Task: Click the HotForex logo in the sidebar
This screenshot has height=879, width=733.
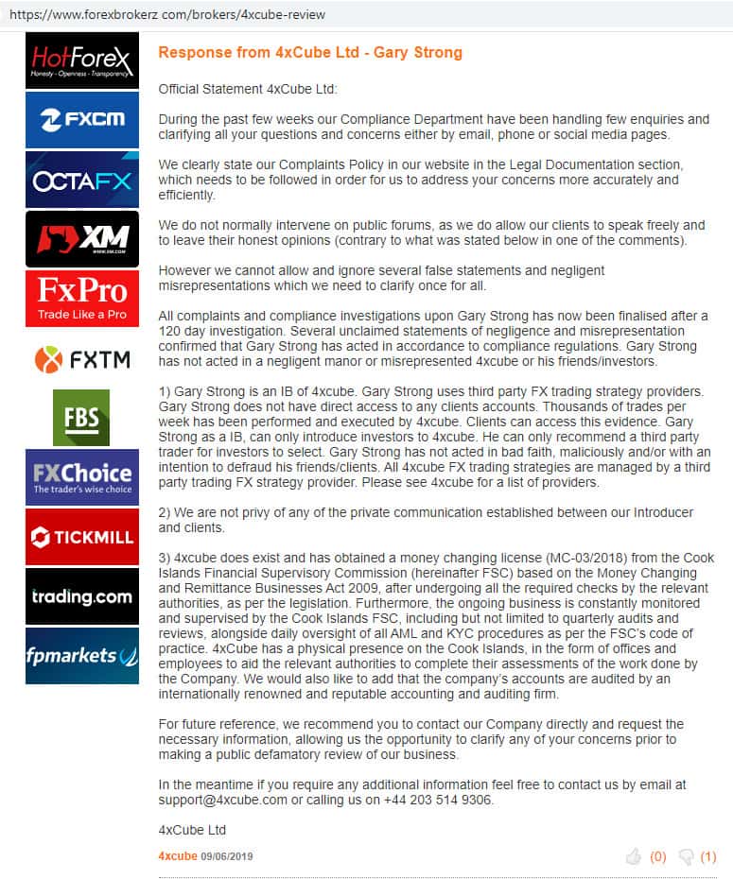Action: (x=82, y=60)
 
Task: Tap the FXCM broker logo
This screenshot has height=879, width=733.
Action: (x=82, y=119)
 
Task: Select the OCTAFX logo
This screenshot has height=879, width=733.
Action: (x=82, y=180)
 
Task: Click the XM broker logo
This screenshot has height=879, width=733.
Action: (x=82, y=239)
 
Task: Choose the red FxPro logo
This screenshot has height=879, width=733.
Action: (x=82, y=299)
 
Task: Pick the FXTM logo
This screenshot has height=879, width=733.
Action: (x=82, y=359)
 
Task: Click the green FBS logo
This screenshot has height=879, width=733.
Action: (x=81, y=417)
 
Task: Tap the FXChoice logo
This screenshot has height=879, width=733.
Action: (x=82, y=477)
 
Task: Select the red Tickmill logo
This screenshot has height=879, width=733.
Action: (x=82, y=537)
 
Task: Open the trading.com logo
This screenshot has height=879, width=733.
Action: (x=82, y=596)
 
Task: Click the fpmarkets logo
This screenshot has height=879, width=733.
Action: (x=82, y=656)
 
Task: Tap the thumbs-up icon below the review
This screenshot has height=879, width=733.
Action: (x=634, y=856)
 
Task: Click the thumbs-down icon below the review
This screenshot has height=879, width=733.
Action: (x=686, y=856)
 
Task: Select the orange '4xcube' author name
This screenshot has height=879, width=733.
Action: (x=178, y=856)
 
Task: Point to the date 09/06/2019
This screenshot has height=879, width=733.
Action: (x=227, y=856)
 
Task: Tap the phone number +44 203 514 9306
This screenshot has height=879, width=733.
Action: (x=437, y=800)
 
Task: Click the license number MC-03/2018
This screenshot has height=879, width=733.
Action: (x=496, y=558)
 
